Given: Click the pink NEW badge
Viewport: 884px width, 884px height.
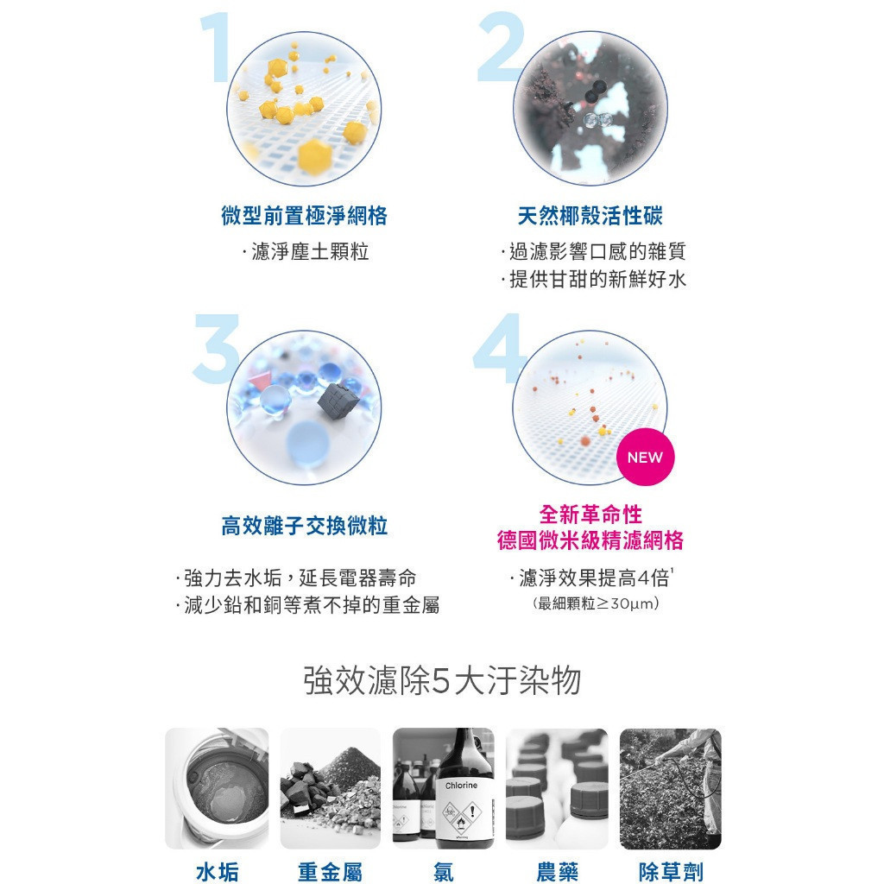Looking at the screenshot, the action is (x=645, y=457).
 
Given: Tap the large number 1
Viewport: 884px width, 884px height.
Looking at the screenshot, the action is (x=217, y=48).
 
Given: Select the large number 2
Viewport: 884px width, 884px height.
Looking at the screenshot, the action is (x=501, y=48).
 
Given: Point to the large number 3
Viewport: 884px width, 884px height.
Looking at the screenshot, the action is (x=217, y=349).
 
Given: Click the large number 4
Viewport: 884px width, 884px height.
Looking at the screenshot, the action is (x=499, y=349).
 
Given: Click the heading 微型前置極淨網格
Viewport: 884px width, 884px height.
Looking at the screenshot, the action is (x=305, y=216).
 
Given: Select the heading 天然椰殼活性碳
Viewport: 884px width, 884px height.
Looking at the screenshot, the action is (x=590, y=216).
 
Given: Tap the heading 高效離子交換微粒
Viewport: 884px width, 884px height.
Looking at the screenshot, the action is (x=305, y=526).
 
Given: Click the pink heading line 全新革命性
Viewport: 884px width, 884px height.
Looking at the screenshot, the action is (x=590, y=515).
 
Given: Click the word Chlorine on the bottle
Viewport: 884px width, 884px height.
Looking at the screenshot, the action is (x=461, y=786).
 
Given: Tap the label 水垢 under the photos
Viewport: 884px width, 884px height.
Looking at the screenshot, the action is (x=217, y=872).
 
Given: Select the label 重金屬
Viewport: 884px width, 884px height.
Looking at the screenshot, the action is (x=330, y=872).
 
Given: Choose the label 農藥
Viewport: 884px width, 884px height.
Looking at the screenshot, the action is (x=557, y=872).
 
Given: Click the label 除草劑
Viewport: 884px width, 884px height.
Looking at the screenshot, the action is (x=671, y=872).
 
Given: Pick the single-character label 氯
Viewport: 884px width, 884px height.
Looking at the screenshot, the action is (x=444, y=872).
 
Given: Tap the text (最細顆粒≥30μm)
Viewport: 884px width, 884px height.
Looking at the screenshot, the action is (x=596, y=603).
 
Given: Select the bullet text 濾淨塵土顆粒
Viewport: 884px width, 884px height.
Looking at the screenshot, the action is (x=310, y=251).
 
